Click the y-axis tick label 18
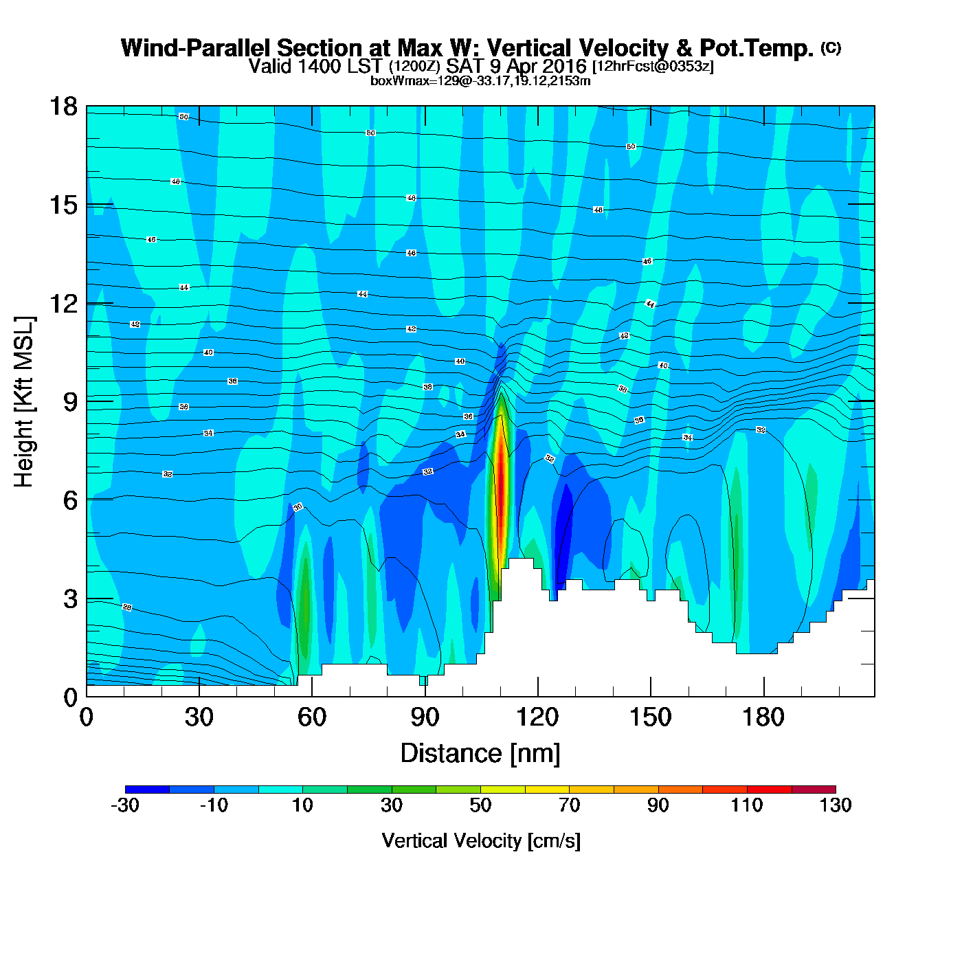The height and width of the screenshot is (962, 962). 63,107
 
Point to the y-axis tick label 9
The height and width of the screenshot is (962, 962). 70,402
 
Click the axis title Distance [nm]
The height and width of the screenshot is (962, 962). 480,754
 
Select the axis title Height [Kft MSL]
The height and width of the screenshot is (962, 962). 25,402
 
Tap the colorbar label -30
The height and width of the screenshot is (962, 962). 125,805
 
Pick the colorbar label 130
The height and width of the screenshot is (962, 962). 836,805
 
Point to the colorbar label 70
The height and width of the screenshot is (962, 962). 569,805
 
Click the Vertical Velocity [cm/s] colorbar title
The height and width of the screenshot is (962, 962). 481,841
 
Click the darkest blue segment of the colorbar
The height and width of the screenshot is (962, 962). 147,789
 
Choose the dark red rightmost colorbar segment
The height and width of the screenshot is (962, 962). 814,789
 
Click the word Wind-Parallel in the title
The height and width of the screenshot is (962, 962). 196,48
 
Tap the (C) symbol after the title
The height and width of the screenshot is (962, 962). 831,47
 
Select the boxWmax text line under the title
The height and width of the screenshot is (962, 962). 480,81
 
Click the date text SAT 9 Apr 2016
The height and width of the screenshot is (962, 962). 516,67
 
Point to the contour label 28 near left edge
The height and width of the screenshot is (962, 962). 127,607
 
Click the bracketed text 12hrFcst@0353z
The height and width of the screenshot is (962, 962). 653,67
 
